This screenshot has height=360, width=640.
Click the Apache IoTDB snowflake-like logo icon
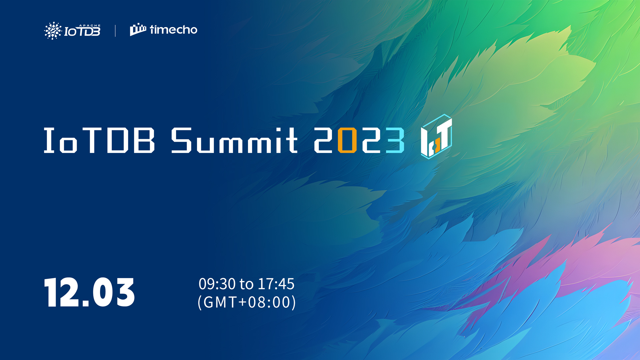53,31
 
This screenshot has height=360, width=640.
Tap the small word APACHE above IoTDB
90,25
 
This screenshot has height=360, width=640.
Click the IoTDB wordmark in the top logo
82,31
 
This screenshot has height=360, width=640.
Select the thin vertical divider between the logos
115,31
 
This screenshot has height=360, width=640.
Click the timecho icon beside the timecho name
138,30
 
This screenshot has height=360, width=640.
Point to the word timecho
174,30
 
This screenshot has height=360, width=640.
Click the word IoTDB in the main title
99,140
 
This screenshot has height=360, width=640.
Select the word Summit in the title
234,140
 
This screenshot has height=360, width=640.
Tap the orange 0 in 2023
347,140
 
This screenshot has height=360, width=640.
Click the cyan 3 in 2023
395,140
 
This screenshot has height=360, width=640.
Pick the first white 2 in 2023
323,140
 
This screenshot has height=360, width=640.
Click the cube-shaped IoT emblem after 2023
436,136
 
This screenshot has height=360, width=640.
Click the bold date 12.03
89,292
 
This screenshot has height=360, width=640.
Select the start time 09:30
217,284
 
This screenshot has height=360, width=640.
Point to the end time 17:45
276,284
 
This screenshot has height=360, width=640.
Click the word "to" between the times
246,284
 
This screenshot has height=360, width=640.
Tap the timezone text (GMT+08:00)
247,302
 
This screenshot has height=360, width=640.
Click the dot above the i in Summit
278,130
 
